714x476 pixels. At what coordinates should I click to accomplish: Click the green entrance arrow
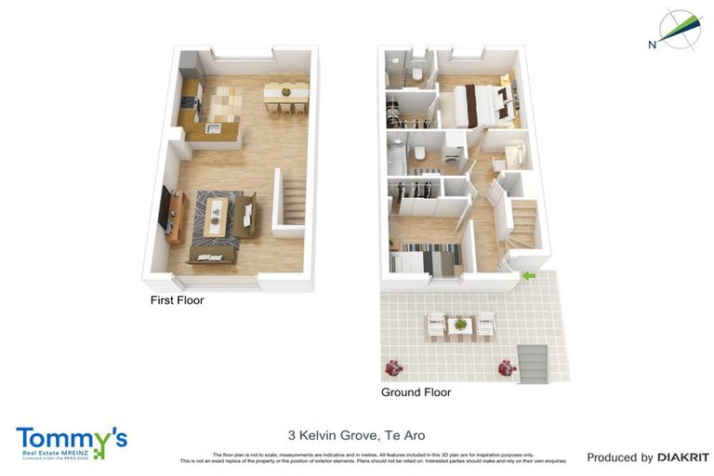pos(528,275)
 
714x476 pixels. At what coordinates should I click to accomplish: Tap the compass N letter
pos(653,44)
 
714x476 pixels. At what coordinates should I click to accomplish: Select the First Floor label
pos(177,300)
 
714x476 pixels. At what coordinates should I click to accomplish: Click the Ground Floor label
pos(416,392)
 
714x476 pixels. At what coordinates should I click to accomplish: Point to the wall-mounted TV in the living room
pos(165,209)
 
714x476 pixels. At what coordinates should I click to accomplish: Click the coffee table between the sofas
pos(216,216)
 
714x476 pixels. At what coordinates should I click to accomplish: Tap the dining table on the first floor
pos(285,91)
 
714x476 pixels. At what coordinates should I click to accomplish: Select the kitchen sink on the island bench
pos(213,128)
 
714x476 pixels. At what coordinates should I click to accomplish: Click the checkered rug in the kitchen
pos(223,99)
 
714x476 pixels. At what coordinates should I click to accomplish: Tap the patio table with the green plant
pos(460,324)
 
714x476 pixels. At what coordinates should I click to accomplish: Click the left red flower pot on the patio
pos(393,367)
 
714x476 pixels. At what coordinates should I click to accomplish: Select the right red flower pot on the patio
pos(507,368)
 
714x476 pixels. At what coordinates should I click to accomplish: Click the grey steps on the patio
pos(534,362)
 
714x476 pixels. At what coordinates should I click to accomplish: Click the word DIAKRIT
pos(682,457)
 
